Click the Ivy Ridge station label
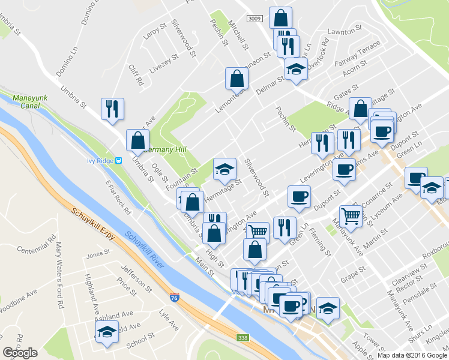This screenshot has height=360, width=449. click(100, 160)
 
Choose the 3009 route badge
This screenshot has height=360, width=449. click(254, 19)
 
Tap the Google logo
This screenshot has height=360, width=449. click(20, 353)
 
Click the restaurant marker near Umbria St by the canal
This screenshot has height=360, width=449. click(112, 109)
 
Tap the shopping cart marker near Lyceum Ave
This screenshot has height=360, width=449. click(351, 216)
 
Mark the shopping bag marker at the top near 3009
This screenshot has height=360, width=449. click(280, 18)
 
